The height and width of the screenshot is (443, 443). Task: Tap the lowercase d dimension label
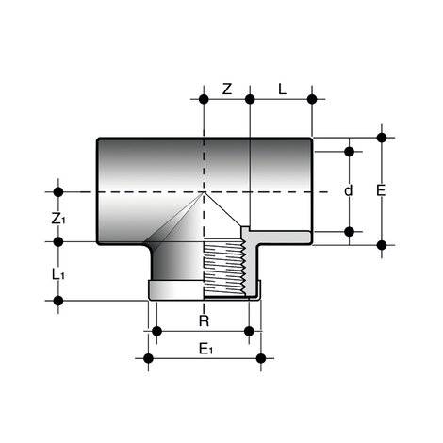(x=348, y=191)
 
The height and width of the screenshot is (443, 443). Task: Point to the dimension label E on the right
(x=381, y=191)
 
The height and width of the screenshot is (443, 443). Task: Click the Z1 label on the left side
(x=58, y=219)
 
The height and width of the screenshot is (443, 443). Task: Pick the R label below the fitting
(x=203, y=321)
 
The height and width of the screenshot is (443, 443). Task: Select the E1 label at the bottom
(x=206, y=349)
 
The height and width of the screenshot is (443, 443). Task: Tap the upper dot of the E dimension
(x=382, y=137)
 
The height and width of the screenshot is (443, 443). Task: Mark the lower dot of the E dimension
(x=382, y=245)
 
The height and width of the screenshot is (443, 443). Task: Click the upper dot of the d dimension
(x=350, y=150)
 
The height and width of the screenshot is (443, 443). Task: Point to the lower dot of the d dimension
(x=350, y=231)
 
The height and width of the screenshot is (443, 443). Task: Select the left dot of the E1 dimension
(x=147, y=357)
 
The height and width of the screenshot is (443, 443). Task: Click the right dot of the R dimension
(x=250, y=331)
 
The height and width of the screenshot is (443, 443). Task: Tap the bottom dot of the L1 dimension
(x=58, y=301)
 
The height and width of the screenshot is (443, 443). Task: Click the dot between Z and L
(x=250, y=98)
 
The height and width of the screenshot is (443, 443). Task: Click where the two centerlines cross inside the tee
(x=204, y=192)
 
